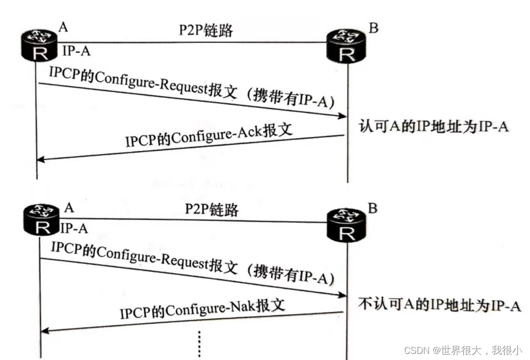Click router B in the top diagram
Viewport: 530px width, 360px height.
(x=347, y=45)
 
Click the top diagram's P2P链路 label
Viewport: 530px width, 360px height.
(x=205, y=31)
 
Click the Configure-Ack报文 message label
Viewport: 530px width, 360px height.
(x=209, y=135)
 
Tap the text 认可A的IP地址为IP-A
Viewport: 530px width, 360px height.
(x=434, y=126)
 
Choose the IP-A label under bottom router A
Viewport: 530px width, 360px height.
(x=74, y=229)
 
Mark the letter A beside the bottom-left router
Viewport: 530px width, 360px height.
(x=69, y=207)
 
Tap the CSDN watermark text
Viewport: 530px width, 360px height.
(x=463, y=350)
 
